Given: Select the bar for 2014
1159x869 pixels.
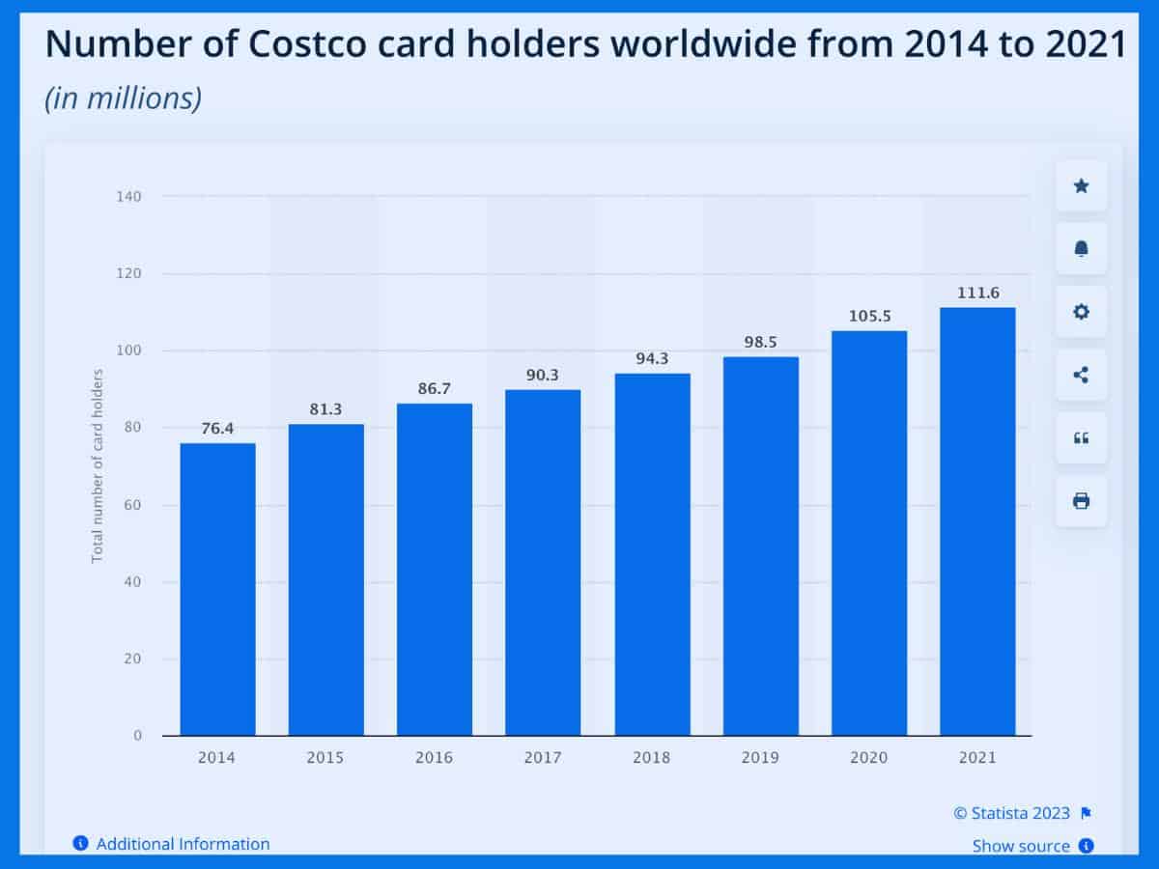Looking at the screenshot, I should coord(217,589).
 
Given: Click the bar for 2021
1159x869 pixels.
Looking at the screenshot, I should coord(977,521).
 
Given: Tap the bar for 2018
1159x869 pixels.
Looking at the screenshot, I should coord(652,554).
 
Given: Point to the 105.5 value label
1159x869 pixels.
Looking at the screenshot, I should coord(869,316).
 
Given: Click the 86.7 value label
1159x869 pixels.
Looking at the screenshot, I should coord(435,388).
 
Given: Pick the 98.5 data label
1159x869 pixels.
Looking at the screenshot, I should coord(761,342).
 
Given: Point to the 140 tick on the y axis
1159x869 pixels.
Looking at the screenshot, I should coord(128,197).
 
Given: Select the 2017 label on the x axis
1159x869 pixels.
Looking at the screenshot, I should coord(543,758).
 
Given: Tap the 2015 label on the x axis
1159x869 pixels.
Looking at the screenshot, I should coord(325,758).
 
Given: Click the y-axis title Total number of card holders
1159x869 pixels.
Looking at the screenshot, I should coord(98,465).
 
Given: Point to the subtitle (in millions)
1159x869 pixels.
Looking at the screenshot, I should coord(123,98).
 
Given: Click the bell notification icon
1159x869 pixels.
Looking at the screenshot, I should coord(1081,249).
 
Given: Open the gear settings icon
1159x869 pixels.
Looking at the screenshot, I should coord(1081,312).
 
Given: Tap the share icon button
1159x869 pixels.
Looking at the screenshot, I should coord(1081,375).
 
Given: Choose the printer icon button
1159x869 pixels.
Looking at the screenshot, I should coord(1081,500).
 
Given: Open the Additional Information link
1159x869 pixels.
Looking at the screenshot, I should coord(183,844).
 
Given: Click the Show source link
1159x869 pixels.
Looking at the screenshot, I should coord(1021,846).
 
